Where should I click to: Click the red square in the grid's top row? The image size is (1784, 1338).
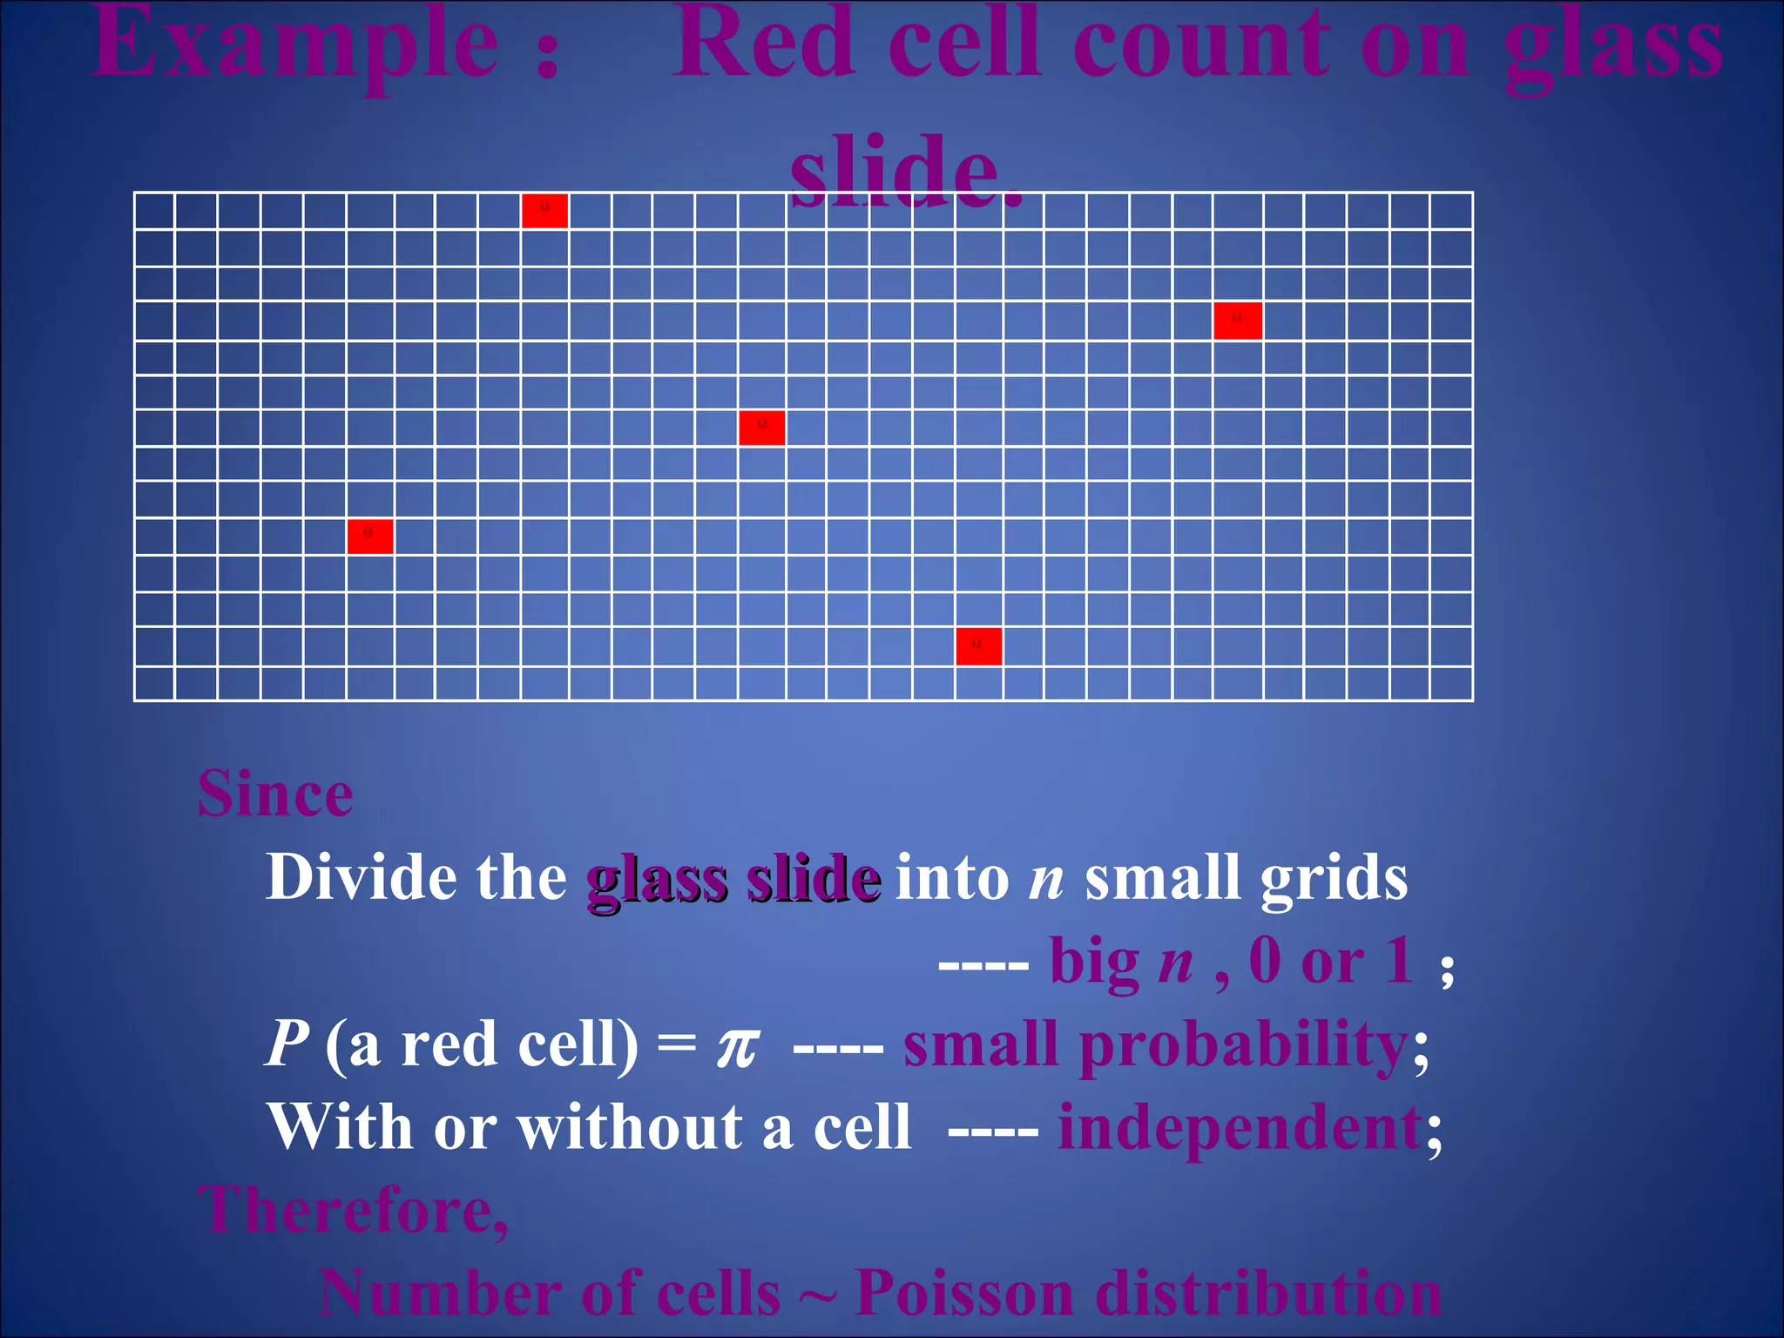(x=544, y=211)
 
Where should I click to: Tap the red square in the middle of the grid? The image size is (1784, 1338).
(x=761, y=428)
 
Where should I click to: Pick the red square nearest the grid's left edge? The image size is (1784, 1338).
(x=369, y=536)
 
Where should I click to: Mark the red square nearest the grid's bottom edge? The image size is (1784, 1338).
(x=978, y=646)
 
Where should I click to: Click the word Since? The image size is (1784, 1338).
(x=275, y=794)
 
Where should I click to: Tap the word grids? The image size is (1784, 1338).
(x=1333, y=878)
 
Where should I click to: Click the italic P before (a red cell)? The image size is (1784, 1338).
(x=287, y=1044)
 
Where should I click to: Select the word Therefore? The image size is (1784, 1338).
(x=352, y=1211)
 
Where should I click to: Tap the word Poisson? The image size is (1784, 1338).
(x=964, y=1294)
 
